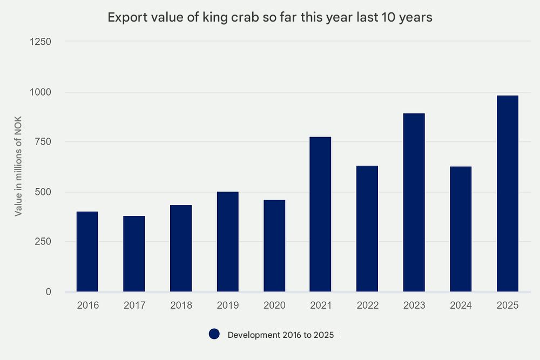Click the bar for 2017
[x=134, y=254]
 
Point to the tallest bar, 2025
[x=508, y=194]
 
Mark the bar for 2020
[x=274, y=246]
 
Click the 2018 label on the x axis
[x=181, y=305]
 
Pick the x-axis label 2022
[x=367, y=305]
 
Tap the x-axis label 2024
[x=461, y=305]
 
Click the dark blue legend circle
[x=214, y=335]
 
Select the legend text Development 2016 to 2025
[x=281, y=335]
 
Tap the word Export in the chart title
[x=124, y=17]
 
